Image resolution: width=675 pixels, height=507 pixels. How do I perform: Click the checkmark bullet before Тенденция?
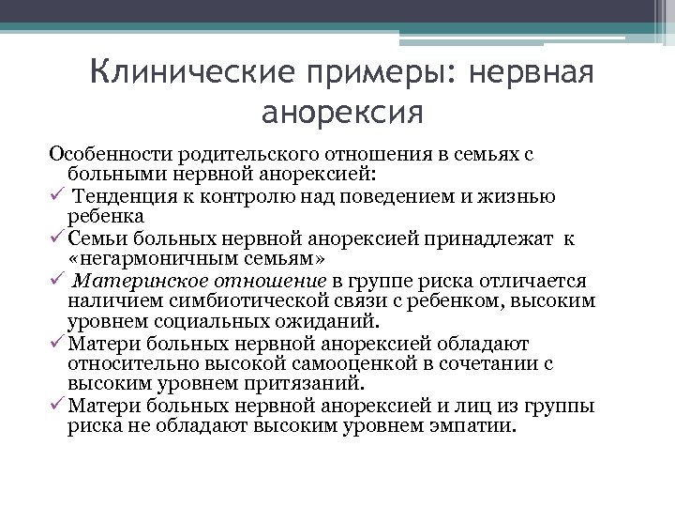(56, 195)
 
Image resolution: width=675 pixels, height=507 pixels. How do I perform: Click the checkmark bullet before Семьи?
(56, 238)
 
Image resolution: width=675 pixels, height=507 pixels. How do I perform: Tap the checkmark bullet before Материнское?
(56, 281)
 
